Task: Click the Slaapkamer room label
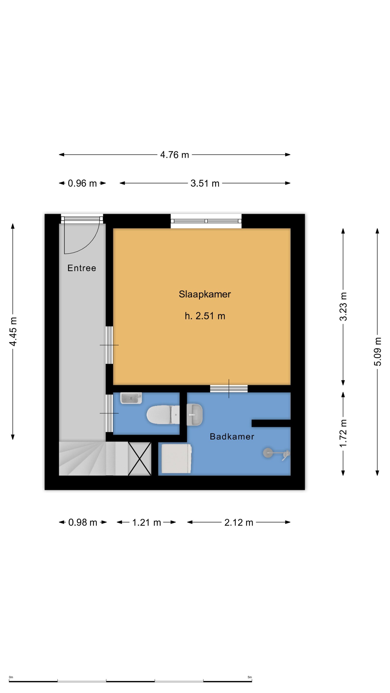[x=205, y=294]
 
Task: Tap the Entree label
[x=82, y=268]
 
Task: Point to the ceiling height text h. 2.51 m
[x=205, y=316]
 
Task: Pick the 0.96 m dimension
[x=82, y=183]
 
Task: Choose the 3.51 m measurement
[x=205, y=183]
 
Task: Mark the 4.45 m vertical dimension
[x=13, y=331]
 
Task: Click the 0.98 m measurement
[x=83, y=522]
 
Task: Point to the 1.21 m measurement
[x=146, y=522]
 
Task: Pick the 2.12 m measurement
[x=239, y=522]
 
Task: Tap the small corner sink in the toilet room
[x=131, y=398]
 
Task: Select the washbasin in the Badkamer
[x=195, y=415]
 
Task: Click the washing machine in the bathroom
[x=176, y=458]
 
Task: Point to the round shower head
[x=268, y=453]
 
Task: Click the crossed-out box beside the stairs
[x=139, y=459]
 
